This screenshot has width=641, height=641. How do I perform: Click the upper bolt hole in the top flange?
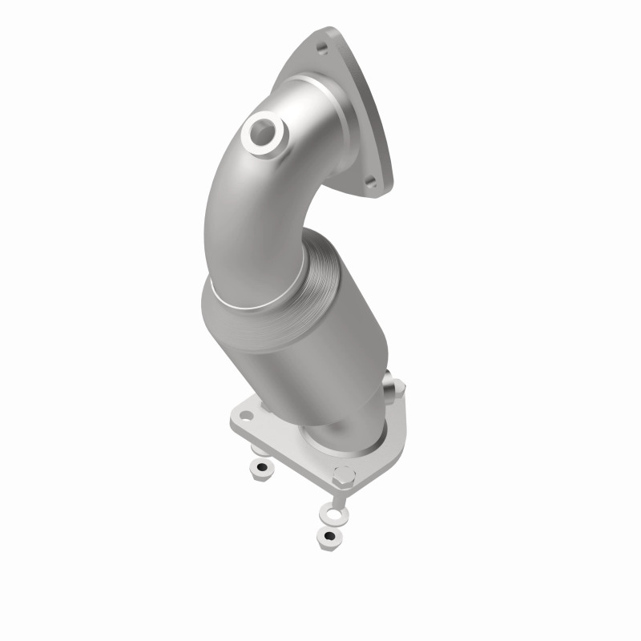[323, 50]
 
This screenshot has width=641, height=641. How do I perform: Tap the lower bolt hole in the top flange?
[370, 182]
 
